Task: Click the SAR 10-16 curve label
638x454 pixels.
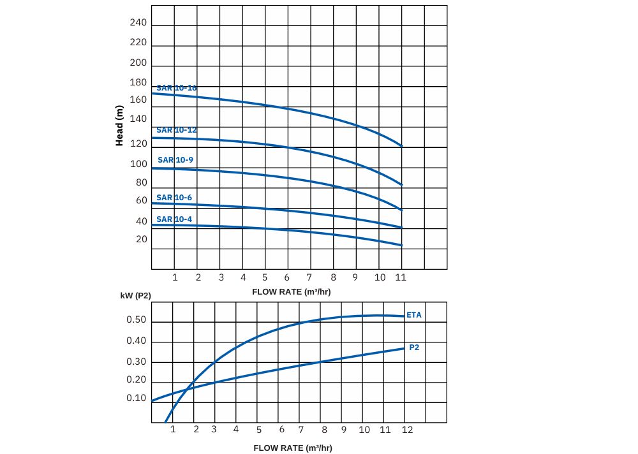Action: (177, 87)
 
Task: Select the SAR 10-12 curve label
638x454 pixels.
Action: (177, 130)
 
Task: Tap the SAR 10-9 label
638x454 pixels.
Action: (175, 160)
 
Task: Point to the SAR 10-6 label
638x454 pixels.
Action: (174, 198)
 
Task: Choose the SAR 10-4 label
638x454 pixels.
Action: (174, 219)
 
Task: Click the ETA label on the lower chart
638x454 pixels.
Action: (414, 315)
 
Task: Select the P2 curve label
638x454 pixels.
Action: (414, 348)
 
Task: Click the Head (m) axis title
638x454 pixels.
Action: (119, 126)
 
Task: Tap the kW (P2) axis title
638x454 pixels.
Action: (135, 296)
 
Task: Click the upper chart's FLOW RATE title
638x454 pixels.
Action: (292, 291)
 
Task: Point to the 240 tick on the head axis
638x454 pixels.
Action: (138, 23)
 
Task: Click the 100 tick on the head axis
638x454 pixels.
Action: (138, 164)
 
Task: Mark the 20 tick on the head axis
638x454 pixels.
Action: (141, 240)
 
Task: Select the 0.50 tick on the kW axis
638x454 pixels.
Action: (136, 320)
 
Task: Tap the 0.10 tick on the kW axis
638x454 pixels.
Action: (136, 399)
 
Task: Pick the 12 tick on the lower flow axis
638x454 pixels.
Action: (407, 430)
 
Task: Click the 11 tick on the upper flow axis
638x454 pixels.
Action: (401, 277)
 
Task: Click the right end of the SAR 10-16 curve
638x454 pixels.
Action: (402, 146)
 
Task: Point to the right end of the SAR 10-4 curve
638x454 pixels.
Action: (402, 245)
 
